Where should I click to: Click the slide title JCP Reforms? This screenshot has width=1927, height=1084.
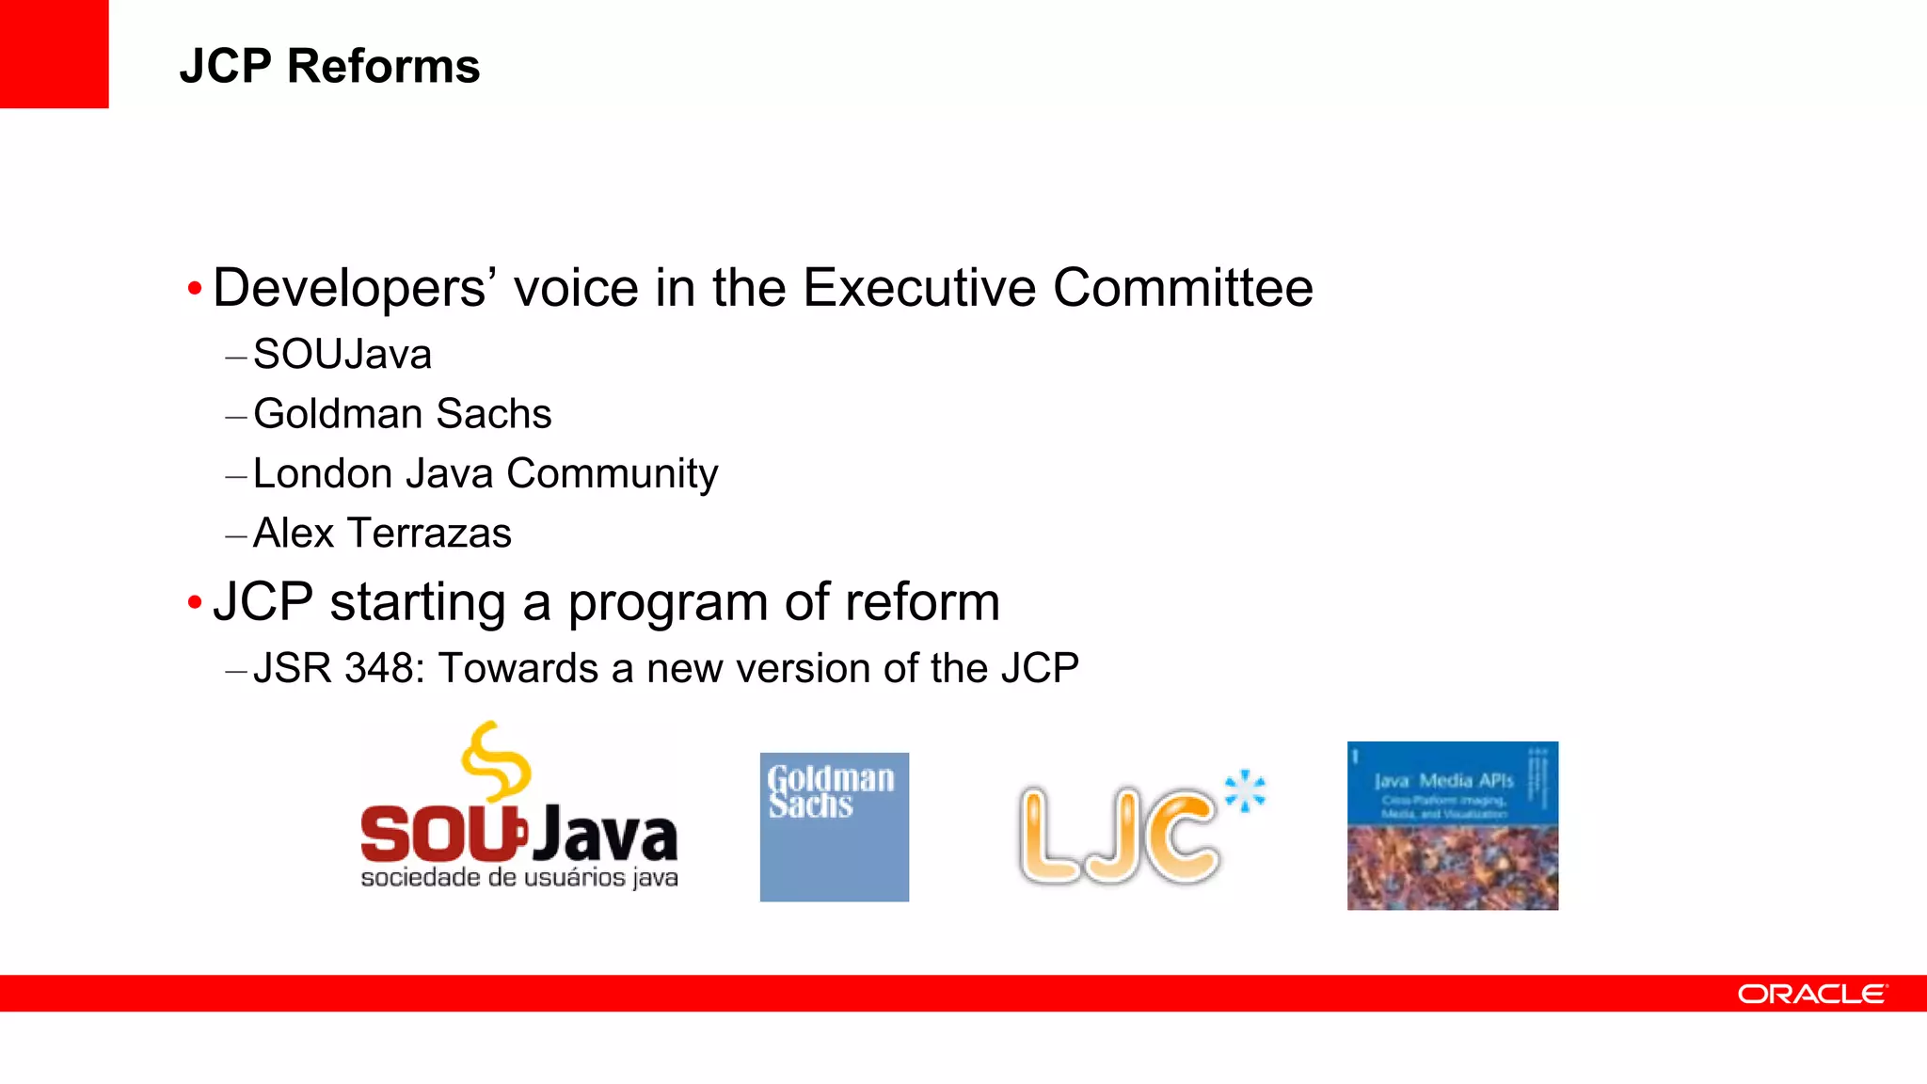[x=329, y=67]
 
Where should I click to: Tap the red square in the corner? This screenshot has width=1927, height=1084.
[x=54, y=54]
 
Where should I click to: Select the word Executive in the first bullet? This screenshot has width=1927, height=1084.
[x=919, y=288]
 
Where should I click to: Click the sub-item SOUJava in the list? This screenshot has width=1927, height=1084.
[x=342, y=355]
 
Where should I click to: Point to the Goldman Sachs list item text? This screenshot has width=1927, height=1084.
[x=403, y=414]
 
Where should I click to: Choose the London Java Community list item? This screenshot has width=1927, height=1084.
[x=486, y=473]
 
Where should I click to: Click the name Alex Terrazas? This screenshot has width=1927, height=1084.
[x=382, y=534]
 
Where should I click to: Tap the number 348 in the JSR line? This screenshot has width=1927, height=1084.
[x=378, y=668]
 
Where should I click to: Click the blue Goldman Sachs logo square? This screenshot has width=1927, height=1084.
[x=835, y=827]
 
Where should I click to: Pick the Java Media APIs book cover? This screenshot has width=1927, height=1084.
[x=1453, y=825]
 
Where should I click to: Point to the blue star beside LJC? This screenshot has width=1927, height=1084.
[x=1246, y=790]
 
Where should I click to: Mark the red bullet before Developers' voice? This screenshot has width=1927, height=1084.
[x=195, y=288]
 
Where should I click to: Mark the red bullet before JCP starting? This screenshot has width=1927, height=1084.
[x=195, y=602]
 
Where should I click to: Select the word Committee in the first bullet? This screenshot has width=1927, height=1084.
[x=1183, y=288]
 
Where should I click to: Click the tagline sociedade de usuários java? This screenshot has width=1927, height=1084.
[x=519, y=878]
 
